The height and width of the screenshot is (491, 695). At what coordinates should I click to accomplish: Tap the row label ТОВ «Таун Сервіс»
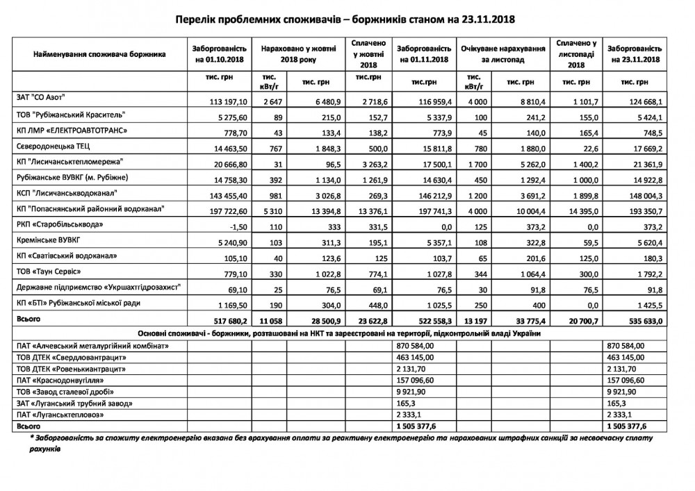point(49,270)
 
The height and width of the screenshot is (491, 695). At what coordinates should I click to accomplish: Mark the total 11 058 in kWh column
point(268,322)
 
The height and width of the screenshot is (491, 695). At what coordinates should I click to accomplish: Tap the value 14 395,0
point(575,209)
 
